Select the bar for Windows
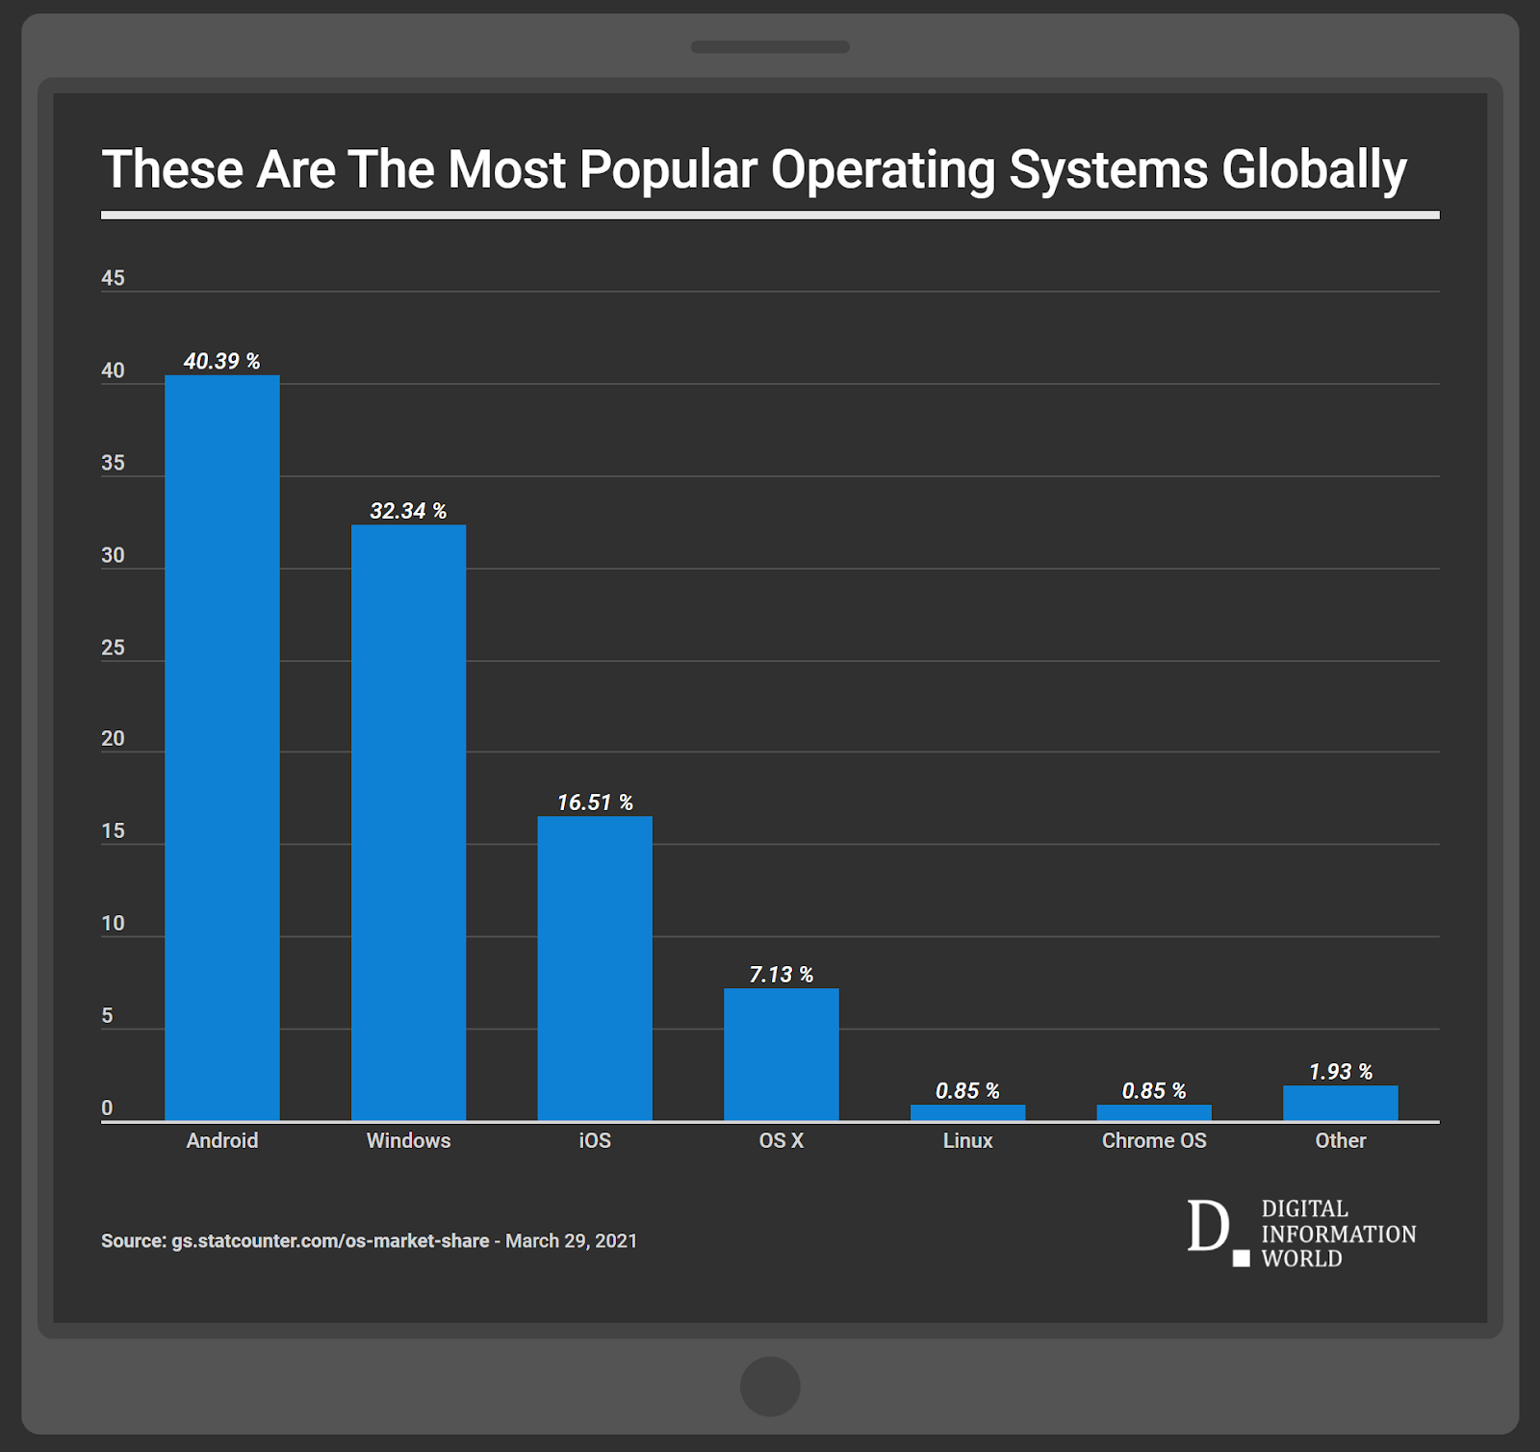[x=408, y=823]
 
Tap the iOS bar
[x=595, y=968]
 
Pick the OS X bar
[x=781, y=1055]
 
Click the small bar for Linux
[x=967, y=1112]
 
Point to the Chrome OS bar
[x=1154, y=1112]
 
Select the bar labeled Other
[x=1340, y=1103]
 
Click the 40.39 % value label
[x=221, y=361]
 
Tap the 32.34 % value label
[x=408, y=511]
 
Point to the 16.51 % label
[x=595, y=802]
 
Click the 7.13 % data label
[x=781, y=975]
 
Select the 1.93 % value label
[x=1340, y=1072]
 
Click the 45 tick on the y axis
[x=113, y=278]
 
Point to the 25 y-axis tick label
[x=113, y=648]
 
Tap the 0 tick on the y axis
[x=107, y=1108]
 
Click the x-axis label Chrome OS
[x=1154, y=1140]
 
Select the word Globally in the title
[x=1314, y=170]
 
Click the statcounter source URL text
[x=329, y=1241]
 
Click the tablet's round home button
[x=770, y=1386]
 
